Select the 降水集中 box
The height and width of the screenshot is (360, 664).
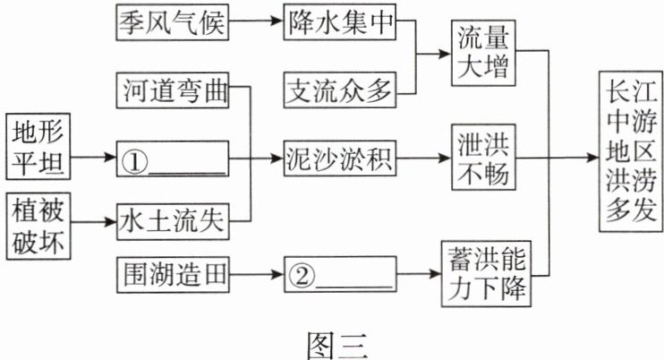339,24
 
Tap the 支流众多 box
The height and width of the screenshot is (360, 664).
339,89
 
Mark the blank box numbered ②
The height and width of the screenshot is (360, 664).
339,273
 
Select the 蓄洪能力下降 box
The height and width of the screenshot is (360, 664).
483,272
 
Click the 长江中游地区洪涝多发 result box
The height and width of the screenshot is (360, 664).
633,154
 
